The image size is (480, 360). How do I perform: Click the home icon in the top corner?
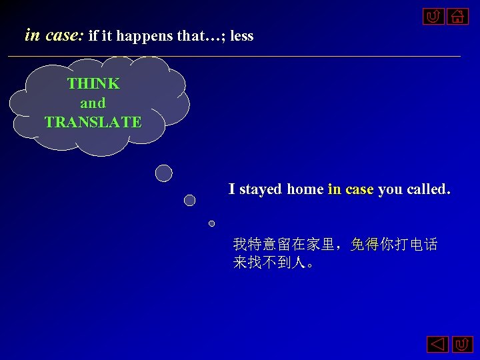458,15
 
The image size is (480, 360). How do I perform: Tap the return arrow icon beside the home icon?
433,15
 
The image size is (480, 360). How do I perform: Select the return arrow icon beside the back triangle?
462,345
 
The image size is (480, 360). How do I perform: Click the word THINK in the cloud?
93,84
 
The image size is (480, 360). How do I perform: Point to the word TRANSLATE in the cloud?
93,123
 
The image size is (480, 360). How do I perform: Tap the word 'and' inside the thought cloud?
93,103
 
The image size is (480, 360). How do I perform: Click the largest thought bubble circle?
163,173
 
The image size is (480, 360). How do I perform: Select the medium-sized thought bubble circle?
189,200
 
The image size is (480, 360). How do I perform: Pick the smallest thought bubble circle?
211,223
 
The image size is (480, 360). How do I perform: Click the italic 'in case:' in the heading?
53,35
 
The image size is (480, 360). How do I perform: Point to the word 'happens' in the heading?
146,36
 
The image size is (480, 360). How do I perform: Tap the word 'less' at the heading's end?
241,36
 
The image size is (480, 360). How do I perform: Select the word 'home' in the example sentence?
305,189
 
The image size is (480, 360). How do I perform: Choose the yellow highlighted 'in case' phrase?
351,189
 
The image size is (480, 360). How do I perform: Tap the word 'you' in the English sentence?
389,189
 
